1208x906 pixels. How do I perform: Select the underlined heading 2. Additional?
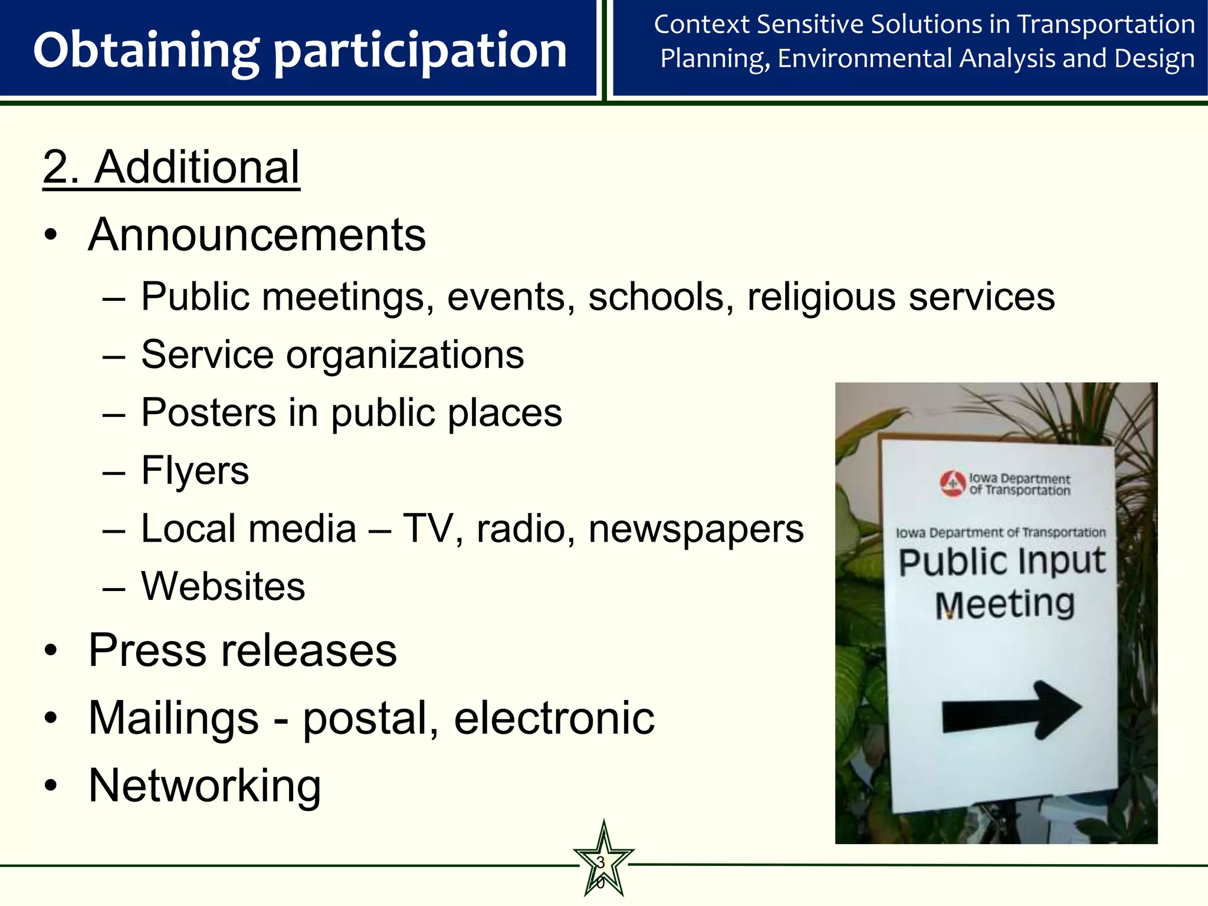pos(171,168)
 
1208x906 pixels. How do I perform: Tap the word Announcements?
pos(257,235)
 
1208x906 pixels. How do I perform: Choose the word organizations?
pos(405,356)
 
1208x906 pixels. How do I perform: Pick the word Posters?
pos(208,412)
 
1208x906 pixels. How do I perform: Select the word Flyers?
pos(195,471)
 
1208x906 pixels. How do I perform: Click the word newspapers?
pos(696,529)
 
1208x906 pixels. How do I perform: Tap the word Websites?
pos(223,586)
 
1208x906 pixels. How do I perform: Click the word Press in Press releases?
pos(147,651)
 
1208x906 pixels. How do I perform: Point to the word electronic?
pos(554,718)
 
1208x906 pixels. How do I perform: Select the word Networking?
pos(204,786)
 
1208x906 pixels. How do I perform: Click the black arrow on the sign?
pos(1012,710)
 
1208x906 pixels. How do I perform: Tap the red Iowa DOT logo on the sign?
pos(953,484)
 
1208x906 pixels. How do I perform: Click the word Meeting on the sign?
pos(1005,605)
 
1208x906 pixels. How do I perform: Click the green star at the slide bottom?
pos(603,861)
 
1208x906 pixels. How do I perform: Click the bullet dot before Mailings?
pos(51,718)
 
